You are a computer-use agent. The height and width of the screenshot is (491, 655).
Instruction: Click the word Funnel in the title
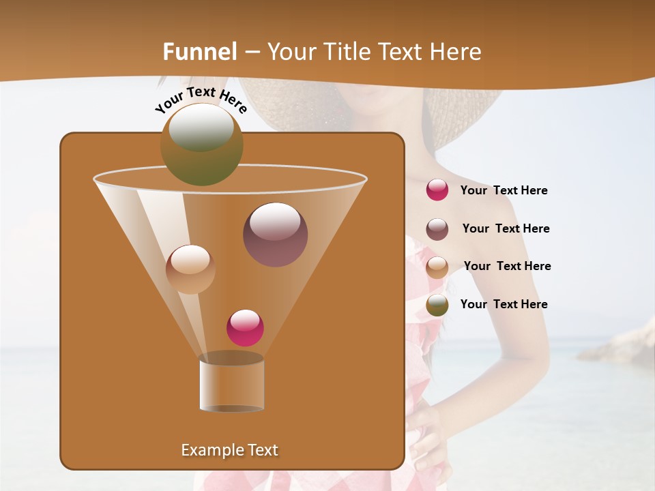200,52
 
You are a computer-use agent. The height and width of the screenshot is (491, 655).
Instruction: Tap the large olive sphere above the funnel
201,144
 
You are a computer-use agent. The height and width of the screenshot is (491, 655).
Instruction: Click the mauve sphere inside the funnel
275,234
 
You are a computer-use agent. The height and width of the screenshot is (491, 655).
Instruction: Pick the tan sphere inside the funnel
190,269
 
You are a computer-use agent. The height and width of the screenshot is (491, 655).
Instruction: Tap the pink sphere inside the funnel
245,327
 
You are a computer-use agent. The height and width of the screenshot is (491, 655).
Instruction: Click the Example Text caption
229,450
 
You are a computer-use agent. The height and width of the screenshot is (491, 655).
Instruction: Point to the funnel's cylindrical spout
231,385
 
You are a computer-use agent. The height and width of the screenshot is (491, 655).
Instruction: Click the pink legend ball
437,190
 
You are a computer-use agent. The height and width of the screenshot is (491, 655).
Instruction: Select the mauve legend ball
437,228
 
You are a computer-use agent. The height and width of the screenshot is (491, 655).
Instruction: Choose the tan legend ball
437,267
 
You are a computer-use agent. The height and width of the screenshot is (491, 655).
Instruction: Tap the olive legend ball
437,304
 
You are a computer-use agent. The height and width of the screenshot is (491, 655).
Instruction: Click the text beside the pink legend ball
504,191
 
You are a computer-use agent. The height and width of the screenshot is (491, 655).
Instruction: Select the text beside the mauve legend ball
506,229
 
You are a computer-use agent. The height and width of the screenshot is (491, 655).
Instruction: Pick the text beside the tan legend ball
507,267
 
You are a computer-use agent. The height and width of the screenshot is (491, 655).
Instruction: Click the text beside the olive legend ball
504,304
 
